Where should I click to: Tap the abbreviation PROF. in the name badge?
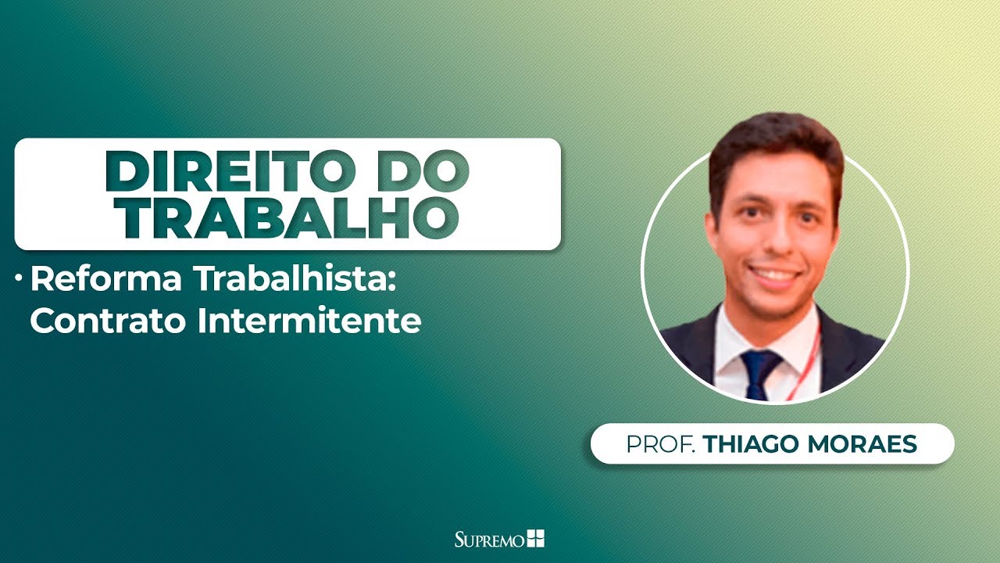660,444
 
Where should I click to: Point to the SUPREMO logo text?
490,539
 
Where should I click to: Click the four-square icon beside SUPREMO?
536,538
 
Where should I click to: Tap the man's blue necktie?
760,372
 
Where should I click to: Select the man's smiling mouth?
771,275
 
